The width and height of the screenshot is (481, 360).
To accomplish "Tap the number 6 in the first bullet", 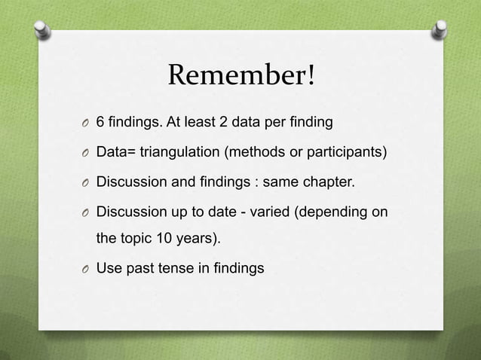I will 101,121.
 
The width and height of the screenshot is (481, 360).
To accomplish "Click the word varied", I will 267,212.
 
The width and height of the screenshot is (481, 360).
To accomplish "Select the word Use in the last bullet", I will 109,267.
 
